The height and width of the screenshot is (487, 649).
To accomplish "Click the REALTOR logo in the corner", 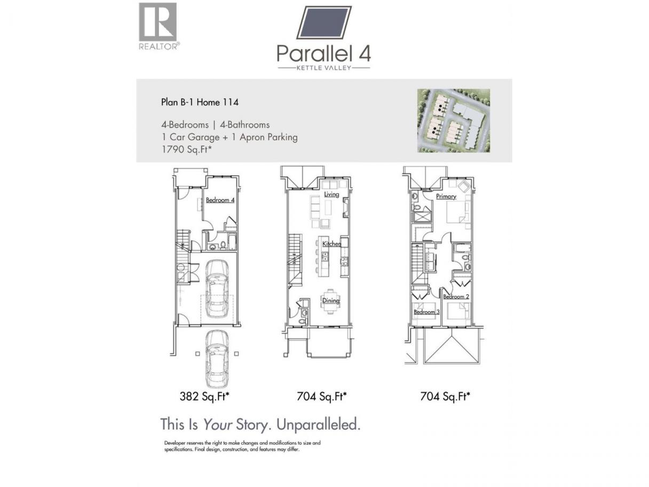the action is click(x=159, y=26).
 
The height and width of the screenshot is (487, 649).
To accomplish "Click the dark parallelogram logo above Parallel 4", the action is click(x=324, y=22).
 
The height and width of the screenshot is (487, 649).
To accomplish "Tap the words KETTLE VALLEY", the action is click(x=324, y=68).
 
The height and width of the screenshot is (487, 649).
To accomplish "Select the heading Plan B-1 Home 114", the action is click(x=200, y=103).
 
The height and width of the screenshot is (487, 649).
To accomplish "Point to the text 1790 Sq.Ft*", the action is click(x=187, y=150).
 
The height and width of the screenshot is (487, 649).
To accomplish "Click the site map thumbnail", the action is click(x=453, y=121).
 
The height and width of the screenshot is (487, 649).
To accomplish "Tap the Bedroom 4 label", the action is click(x=220, y=200).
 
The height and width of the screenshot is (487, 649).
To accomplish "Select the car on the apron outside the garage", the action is click(x=217, y=359).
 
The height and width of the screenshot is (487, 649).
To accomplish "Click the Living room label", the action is click(x=331, y=194).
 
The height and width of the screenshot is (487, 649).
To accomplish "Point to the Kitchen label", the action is click(x=331, y=243).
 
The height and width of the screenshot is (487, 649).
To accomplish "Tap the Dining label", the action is click(x=331, y=301).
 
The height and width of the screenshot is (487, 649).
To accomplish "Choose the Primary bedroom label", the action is click(x=446, y=197).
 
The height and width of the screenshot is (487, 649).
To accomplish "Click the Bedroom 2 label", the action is click(x=456, y=296).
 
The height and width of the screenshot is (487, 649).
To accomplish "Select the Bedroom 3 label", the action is click(x=426, y=312).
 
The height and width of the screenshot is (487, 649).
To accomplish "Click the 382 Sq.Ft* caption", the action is click(x=204, y=396).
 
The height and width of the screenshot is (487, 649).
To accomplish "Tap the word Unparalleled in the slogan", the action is click(x=319, y=425).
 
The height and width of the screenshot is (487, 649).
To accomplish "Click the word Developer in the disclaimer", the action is click(x=175, y=443).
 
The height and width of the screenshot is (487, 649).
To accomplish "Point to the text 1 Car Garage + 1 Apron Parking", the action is click(x=229, y=137).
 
